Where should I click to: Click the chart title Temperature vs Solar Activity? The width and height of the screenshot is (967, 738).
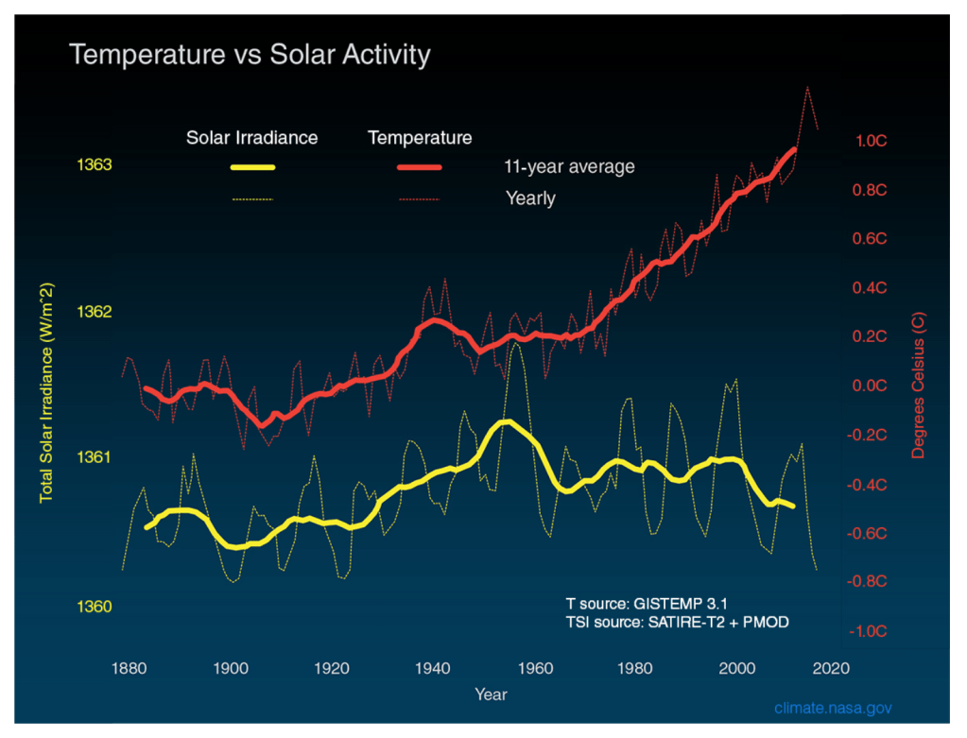point(250,55)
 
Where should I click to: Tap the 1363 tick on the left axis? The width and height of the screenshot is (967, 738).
point(94,165)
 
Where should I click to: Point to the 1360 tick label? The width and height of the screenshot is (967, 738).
point(94,607)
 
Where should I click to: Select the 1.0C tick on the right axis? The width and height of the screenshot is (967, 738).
point(871,141)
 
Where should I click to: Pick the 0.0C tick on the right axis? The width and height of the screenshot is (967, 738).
point(871,386)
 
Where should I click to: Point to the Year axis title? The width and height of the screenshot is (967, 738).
point(491,695)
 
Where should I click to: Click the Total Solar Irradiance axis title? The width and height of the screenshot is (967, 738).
point(45,391)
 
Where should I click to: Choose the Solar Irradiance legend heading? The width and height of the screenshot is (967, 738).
point(251,138)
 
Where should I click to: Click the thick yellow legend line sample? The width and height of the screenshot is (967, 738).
point(252,167)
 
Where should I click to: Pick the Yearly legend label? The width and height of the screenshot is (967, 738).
point(530,198)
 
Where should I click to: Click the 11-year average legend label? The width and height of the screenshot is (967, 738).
point(569,167)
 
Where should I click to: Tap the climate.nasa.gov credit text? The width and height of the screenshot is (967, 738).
point(833,708)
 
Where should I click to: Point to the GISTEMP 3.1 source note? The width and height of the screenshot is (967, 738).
point(647,602)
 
